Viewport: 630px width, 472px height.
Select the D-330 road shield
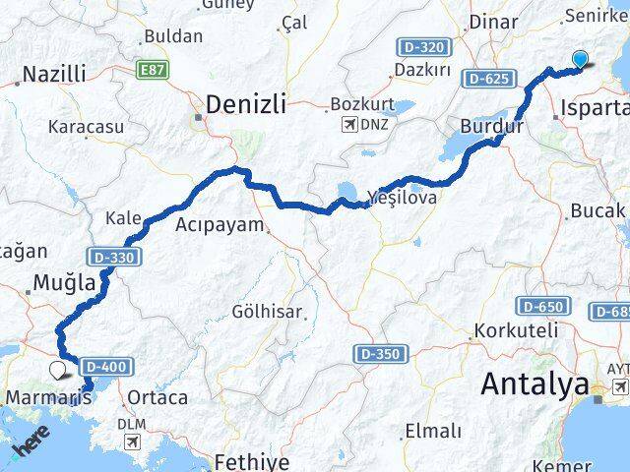115,258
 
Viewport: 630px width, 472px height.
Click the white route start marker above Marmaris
57,370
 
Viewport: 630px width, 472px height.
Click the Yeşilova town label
404,197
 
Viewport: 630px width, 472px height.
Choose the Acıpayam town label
220,225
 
